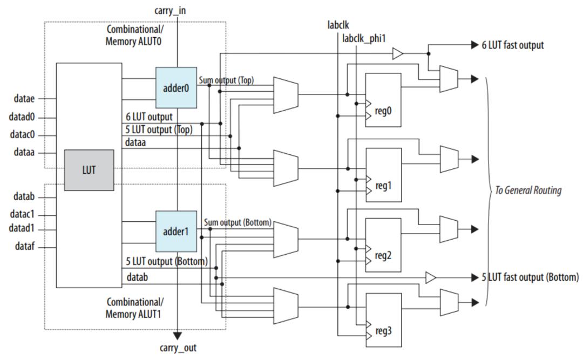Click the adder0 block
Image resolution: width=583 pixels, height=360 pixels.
(176, 88)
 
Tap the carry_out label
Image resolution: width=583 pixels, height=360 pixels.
(178, 348)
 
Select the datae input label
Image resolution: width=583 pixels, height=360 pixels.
(24, 98)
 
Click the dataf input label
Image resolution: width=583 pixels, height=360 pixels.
(24, 248)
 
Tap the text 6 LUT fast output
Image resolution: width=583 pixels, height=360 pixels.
(512, 45)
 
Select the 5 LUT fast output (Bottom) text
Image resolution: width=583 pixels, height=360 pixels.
(530, 277)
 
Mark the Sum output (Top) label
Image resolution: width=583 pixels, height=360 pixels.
(226, 81)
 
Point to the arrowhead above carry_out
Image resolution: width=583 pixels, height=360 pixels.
(178, 336)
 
